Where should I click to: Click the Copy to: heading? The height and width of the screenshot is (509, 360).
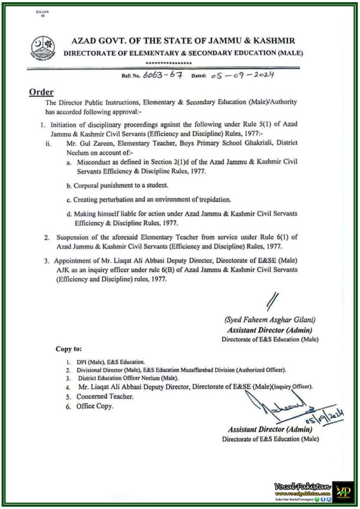pyautogui.click(x=69, y=349)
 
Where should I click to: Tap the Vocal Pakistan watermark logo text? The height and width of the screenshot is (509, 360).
pyautogui.click(x=302, y=486)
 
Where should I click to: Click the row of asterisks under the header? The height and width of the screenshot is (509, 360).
pyautogui.click(x=169, y=64)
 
